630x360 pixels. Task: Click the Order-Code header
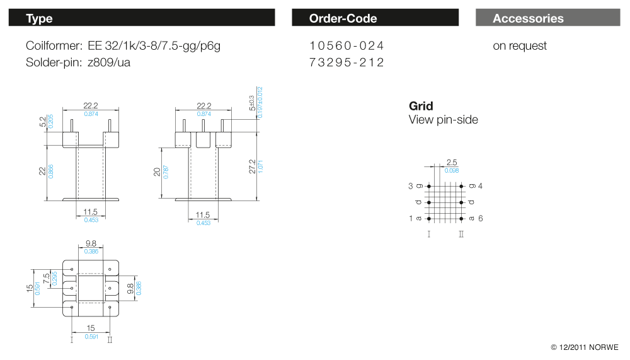[343, 18]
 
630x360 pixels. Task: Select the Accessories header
[528, 18]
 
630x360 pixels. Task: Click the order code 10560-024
[346, 46]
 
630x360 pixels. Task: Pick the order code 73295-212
[346, 62]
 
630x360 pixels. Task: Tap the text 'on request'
[520, 46]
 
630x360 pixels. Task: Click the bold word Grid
[421, 106]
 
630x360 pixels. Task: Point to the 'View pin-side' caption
[443, 120]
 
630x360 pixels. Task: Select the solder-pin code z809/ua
[110, 62]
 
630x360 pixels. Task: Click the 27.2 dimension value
[252, 166]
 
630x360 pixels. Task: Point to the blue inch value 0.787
[166, 171]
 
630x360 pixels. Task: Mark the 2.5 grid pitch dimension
[451, 163]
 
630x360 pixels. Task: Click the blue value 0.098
[451, 171]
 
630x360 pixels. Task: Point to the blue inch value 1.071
[260, 167]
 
